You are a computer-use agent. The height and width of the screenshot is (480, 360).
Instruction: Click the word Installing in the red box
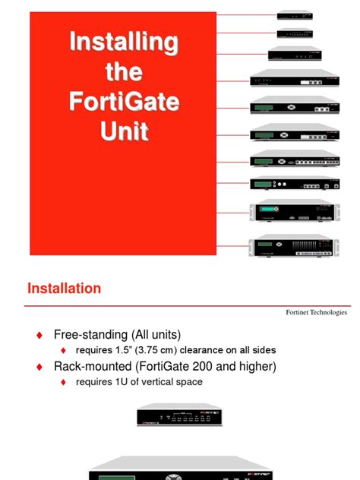[125, 43]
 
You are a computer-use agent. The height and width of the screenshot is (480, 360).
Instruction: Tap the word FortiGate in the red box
[125, 102]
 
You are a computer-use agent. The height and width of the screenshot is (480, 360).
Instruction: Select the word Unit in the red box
[125, 131]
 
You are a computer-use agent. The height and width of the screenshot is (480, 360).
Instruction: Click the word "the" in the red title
[125, 72]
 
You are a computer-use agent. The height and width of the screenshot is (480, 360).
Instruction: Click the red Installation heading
[64, 289]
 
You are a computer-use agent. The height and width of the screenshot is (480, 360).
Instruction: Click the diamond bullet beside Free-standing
[39, 335]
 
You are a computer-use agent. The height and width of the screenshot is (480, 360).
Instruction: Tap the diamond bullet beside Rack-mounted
[39, 367]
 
